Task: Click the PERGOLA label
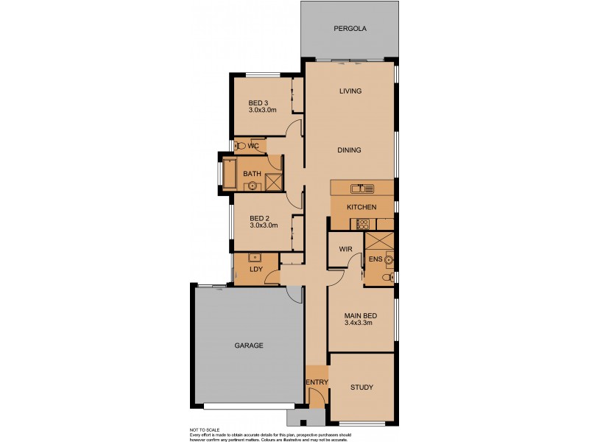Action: pos(350,29)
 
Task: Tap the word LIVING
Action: pos(350,91)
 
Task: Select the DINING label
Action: pos(349,150)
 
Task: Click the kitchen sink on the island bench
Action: pos(361,188)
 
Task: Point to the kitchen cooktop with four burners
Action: pos(362,224)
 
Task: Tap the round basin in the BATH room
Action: pos(253,186)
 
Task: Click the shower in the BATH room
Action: pos(274,182)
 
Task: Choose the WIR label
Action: pos(345,250)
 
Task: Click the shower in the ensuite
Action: pos(379,243)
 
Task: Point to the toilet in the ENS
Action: pos(387,277)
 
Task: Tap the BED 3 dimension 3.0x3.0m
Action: pos(262,110)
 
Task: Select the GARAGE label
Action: pos(249,345)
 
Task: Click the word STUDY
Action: pos(361,387)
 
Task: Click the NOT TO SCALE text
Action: pos(205,429)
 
